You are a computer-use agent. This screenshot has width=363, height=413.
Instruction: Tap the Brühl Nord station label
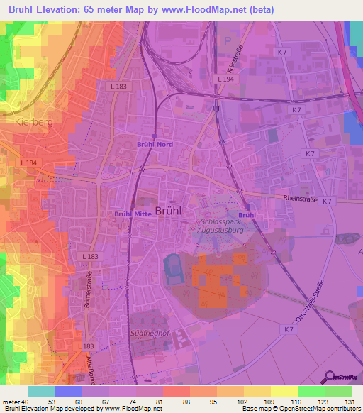(155, 143)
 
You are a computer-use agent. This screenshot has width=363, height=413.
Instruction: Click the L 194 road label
(226, 79)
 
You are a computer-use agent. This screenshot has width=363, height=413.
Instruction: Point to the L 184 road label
(29, 163)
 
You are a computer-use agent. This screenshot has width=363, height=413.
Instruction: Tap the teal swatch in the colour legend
(41, 391)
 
